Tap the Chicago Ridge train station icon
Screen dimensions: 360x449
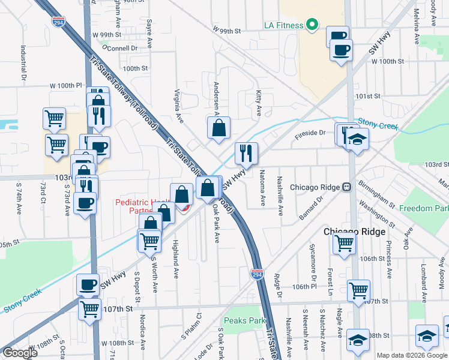(x=346, y=187)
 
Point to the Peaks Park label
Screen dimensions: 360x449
(x=244, y=320)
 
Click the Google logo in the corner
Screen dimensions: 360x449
(x=20, y=353)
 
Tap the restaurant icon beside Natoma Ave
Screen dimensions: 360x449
(x=246, y=154)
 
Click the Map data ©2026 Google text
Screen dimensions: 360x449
(x=412, y=355)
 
